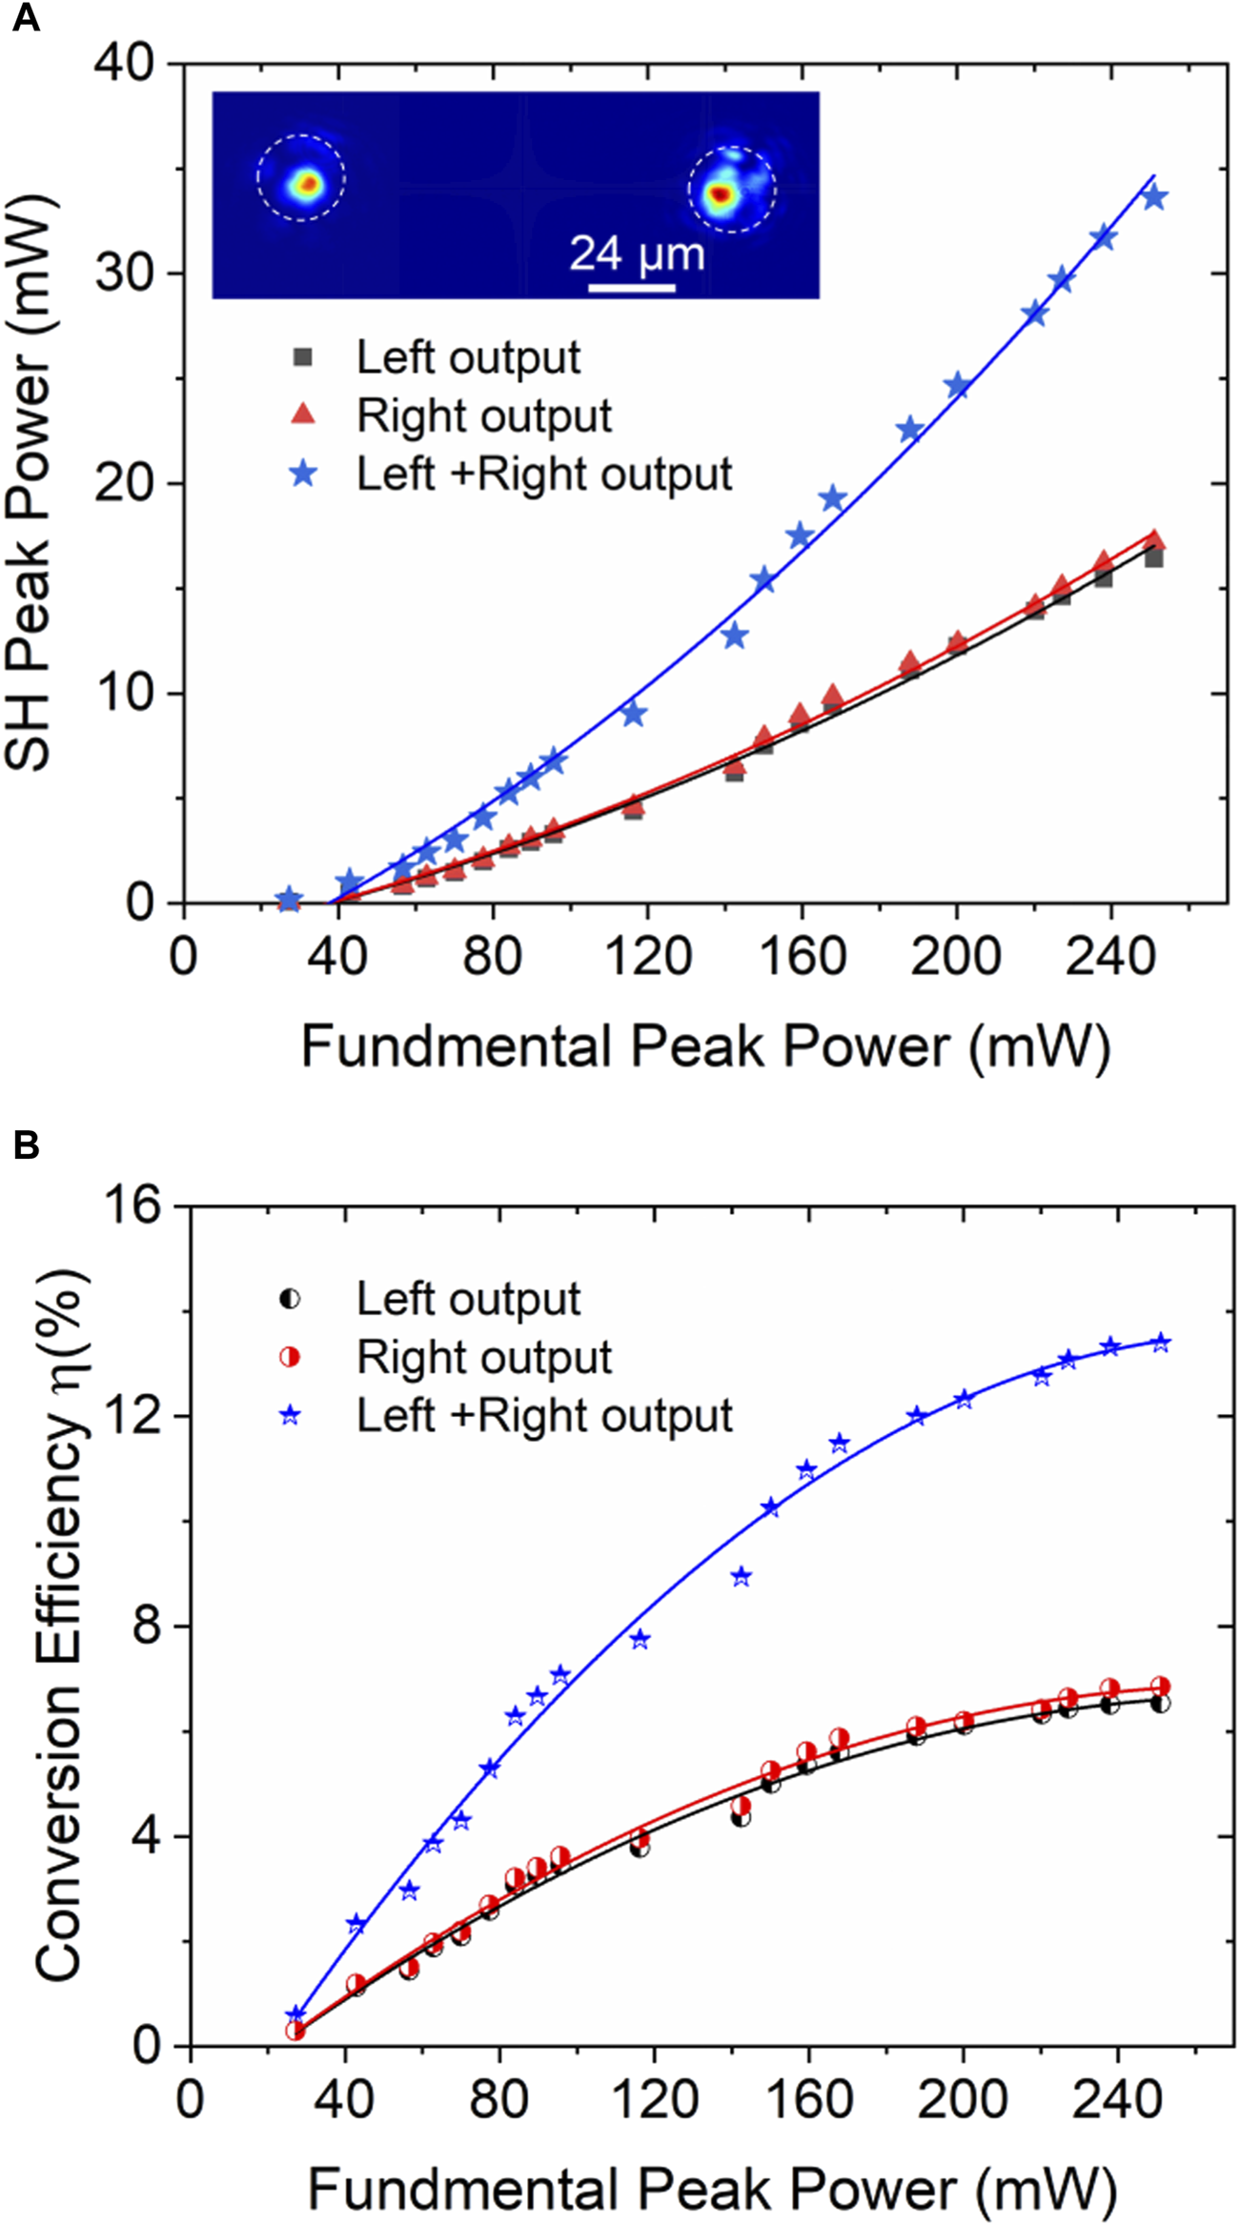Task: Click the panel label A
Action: tap(25, 18)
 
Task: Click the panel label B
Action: tap(25, 1144)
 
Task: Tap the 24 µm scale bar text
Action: tap(637, 254)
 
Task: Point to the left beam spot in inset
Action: tap(306, 183)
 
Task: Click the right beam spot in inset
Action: tap(721, 194)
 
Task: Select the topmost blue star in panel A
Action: tap(1154, 198)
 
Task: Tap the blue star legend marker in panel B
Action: tap(290, 1416)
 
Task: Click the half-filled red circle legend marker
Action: tap(290, 1357)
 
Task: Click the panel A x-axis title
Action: tap(705, 1046)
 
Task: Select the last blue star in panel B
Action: tap(1160, 1343)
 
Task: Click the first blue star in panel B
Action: tap(295, 2015)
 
